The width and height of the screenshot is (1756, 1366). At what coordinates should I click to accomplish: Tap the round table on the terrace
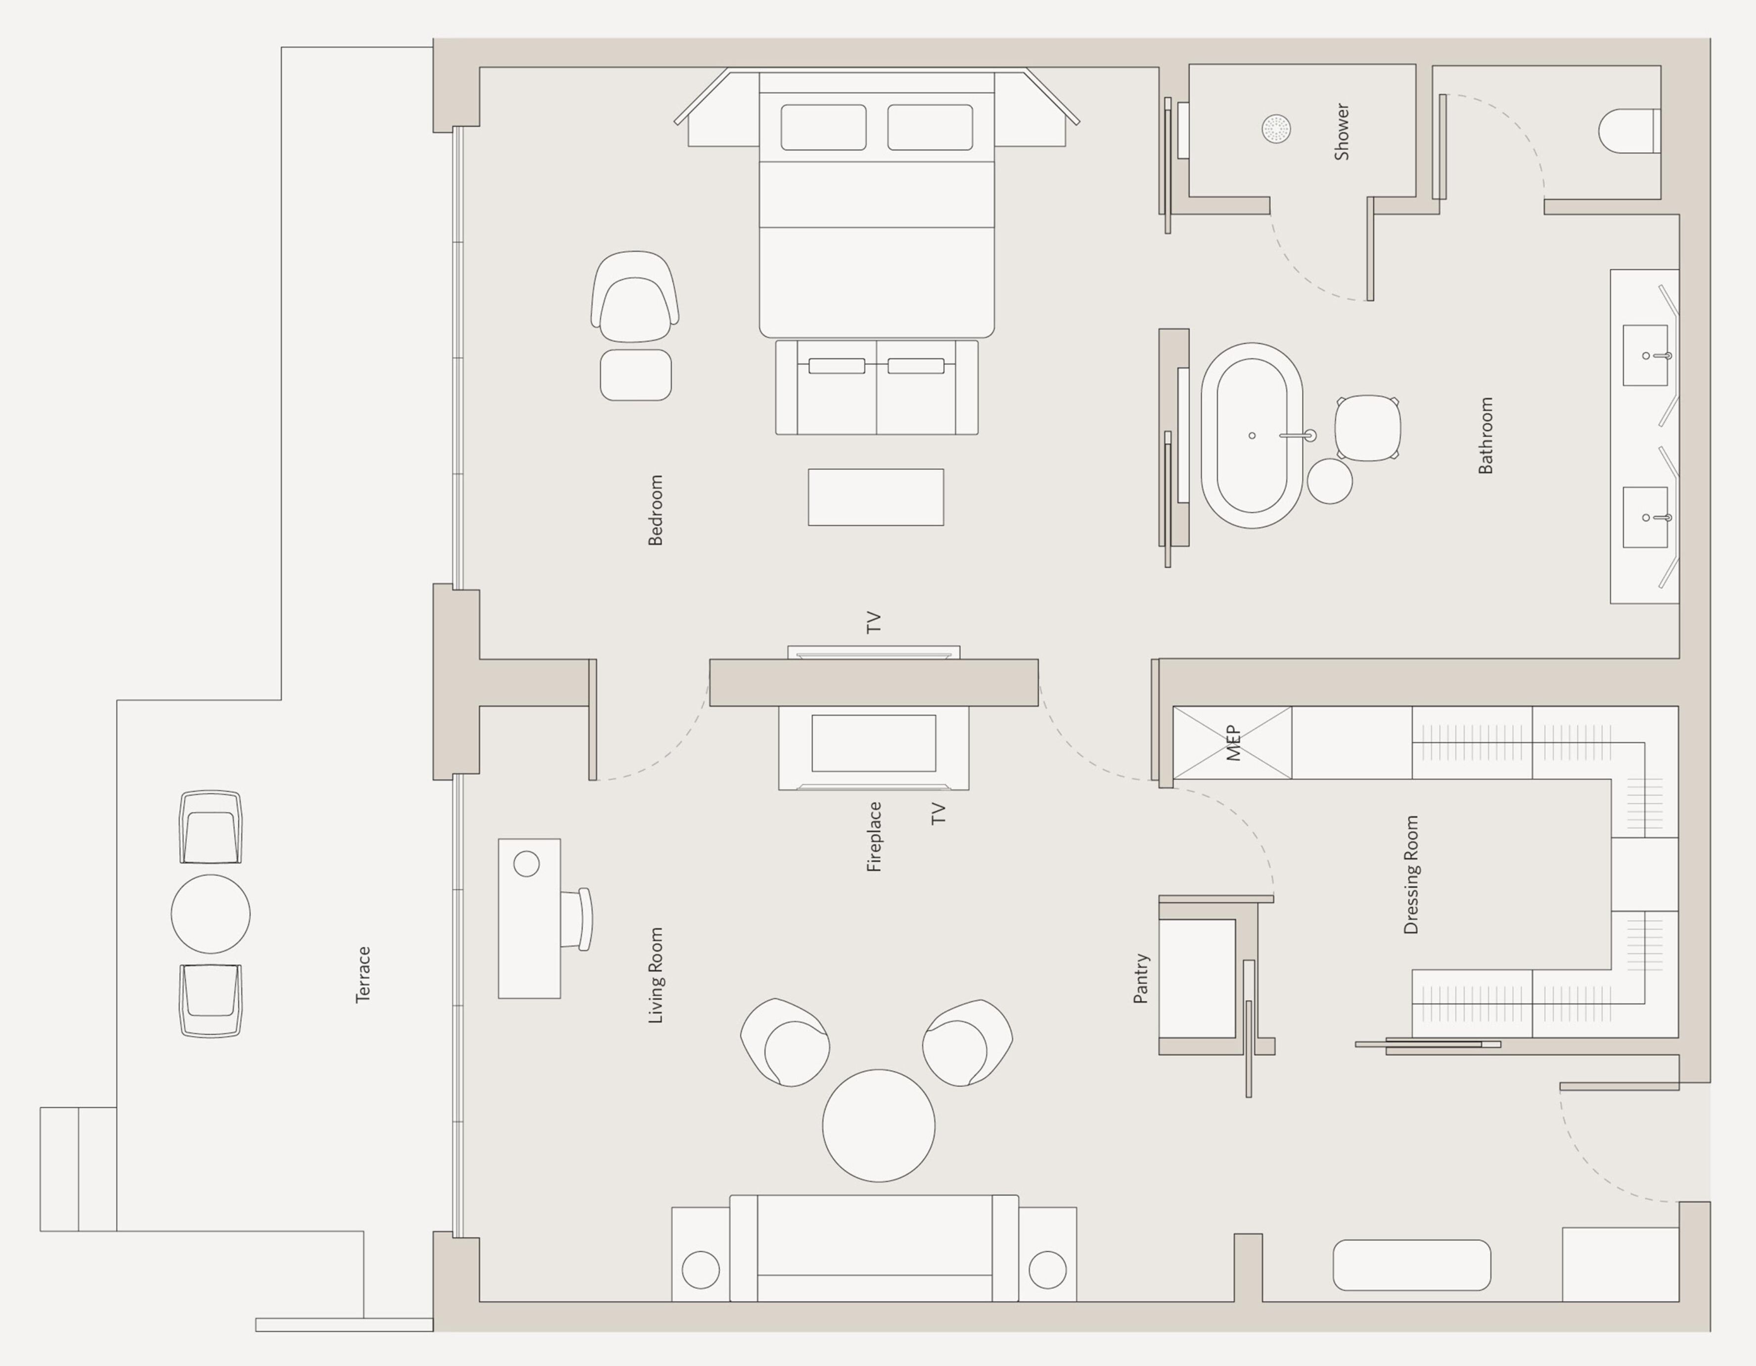click(x=211, y=914)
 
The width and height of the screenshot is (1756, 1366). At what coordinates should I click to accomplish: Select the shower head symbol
click(x=1276, y=129)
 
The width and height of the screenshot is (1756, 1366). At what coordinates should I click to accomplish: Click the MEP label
click(x=1233, y=743)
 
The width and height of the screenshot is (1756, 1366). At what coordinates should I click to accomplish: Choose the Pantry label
click(x=1141, y=978)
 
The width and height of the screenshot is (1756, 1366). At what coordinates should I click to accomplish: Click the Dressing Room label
click(x=1411, y=875)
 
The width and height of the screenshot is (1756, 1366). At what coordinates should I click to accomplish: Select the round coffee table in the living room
click(x=878, y=1126)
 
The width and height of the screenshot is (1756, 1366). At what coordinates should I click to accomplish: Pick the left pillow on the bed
click(x=823, y=127)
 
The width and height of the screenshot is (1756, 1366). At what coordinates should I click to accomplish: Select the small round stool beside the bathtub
click(x=1329, y=481)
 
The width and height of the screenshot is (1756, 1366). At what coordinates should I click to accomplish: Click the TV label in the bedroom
click(x=874, y=622)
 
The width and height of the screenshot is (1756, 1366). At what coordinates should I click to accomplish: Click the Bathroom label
click(x=1486, y=435)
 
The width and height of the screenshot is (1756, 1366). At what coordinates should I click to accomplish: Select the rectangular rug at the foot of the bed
click(x=876, y=498)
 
